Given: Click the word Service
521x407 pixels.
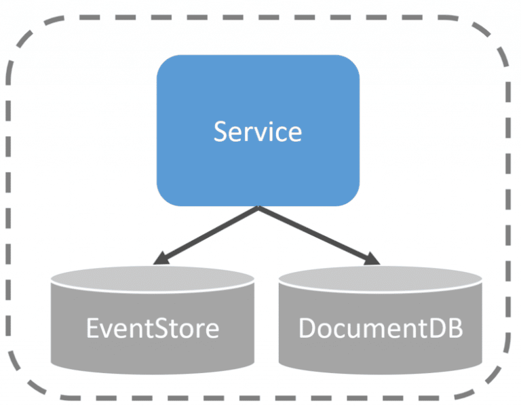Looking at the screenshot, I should (258, 131).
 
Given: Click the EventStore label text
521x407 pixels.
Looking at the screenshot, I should (153, 328).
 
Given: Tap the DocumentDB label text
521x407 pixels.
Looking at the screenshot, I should (381, 328).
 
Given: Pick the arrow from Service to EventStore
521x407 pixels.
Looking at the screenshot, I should (207, 235).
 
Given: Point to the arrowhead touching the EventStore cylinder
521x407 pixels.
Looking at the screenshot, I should (161, 259).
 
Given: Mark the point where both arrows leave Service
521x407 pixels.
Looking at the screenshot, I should (258, 208).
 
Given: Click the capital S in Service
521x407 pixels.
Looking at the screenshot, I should (220, 131).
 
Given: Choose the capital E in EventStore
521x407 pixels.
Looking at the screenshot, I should (93, 328).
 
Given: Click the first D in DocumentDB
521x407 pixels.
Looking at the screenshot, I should (307, 328).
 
